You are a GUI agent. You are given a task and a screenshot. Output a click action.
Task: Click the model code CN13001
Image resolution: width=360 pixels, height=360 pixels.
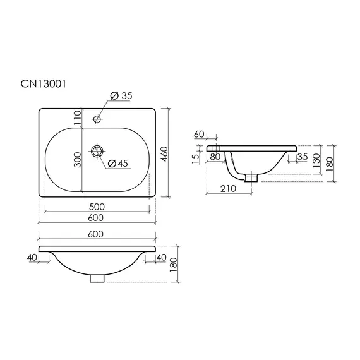coord(43,84)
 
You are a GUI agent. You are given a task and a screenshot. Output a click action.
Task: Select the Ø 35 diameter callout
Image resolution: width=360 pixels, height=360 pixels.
coord(121,96)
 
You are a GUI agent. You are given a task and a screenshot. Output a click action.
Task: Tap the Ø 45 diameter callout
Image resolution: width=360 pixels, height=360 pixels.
coord(117,164)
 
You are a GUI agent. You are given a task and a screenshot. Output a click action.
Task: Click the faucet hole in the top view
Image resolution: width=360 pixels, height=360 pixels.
coord(97,119)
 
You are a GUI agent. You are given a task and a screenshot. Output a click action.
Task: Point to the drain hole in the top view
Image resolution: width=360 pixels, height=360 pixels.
coord(97,151)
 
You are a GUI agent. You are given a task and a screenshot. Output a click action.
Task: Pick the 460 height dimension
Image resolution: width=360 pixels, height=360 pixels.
coord(165,154)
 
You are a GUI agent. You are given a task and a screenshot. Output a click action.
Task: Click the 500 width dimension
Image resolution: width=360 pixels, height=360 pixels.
coord(97,207)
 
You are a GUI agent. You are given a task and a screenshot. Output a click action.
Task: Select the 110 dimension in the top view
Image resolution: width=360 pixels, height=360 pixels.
coord(78,117)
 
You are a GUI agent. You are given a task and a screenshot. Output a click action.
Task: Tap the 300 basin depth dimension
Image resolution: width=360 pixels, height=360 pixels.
coord(78,160)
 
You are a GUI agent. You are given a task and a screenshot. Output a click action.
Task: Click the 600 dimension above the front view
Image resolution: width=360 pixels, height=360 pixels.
coord(96,234)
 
